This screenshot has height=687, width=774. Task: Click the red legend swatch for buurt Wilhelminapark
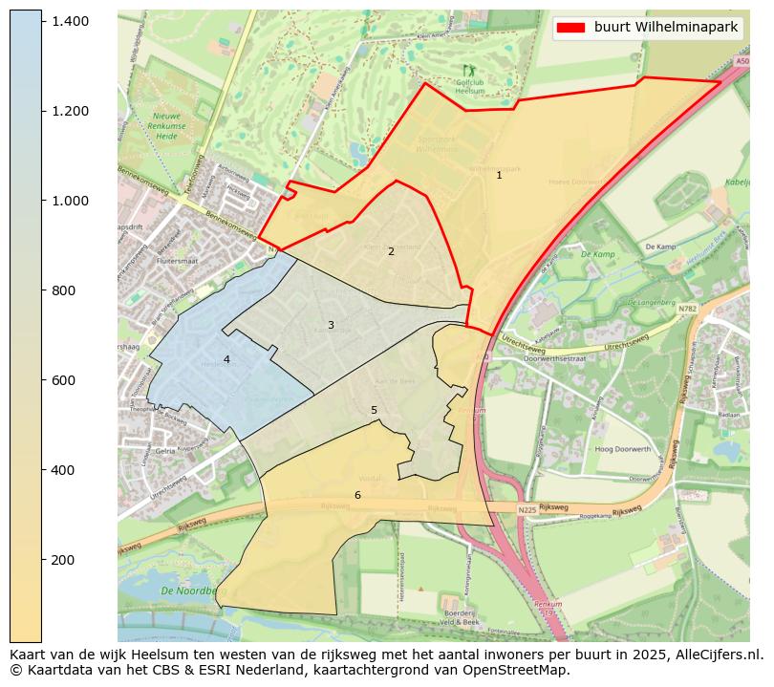coord(572,28)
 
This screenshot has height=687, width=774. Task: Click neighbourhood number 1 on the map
coord(499,176)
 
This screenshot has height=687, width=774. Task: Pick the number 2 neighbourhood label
coord(391,251)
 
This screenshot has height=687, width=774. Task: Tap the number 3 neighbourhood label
coord(331,326)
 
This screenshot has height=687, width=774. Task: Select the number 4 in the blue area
coord(226,360)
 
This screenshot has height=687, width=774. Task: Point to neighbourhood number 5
coord(374,411)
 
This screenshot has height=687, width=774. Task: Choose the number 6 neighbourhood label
coord(357,495)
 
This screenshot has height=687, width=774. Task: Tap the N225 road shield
coord(527,510)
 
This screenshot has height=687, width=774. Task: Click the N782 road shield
coord(687,310)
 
